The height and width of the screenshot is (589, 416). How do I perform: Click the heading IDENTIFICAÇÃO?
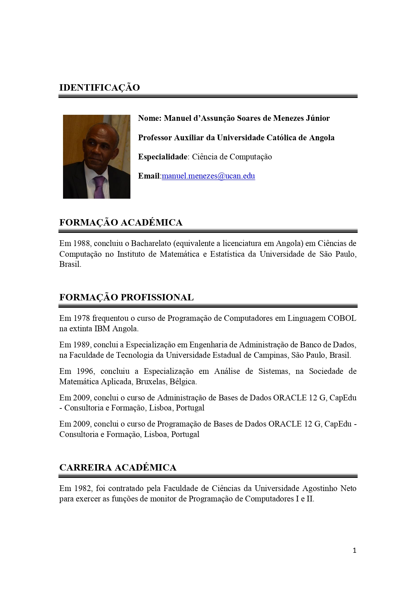tap(100, 88)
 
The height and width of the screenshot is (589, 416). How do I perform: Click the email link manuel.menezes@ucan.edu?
tap(208, 176)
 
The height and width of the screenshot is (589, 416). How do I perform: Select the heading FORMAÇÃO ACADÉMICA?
tap(121, 223)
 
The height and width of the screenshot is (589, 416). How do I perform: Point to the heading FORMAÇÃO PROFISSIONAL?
tap(126, 297)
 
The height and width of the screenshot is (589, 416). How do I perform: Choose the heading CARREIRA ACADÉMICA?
tap(118, 468)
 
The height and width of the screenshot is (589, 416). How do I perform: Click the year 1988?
tap(81, 243)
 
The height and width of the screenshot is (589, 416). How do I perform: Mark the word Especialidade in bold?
tap(163, 157)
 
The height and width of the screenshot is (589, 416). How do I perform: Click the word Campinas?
tap(272, 355)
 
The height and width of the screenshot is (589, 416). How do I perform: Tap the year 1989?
tap(81, 345)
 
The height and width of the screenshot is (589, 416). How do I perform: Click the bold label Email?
tap(148, 176)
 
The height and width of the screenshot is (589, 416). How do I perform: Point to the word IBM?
tap(102, 329)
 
